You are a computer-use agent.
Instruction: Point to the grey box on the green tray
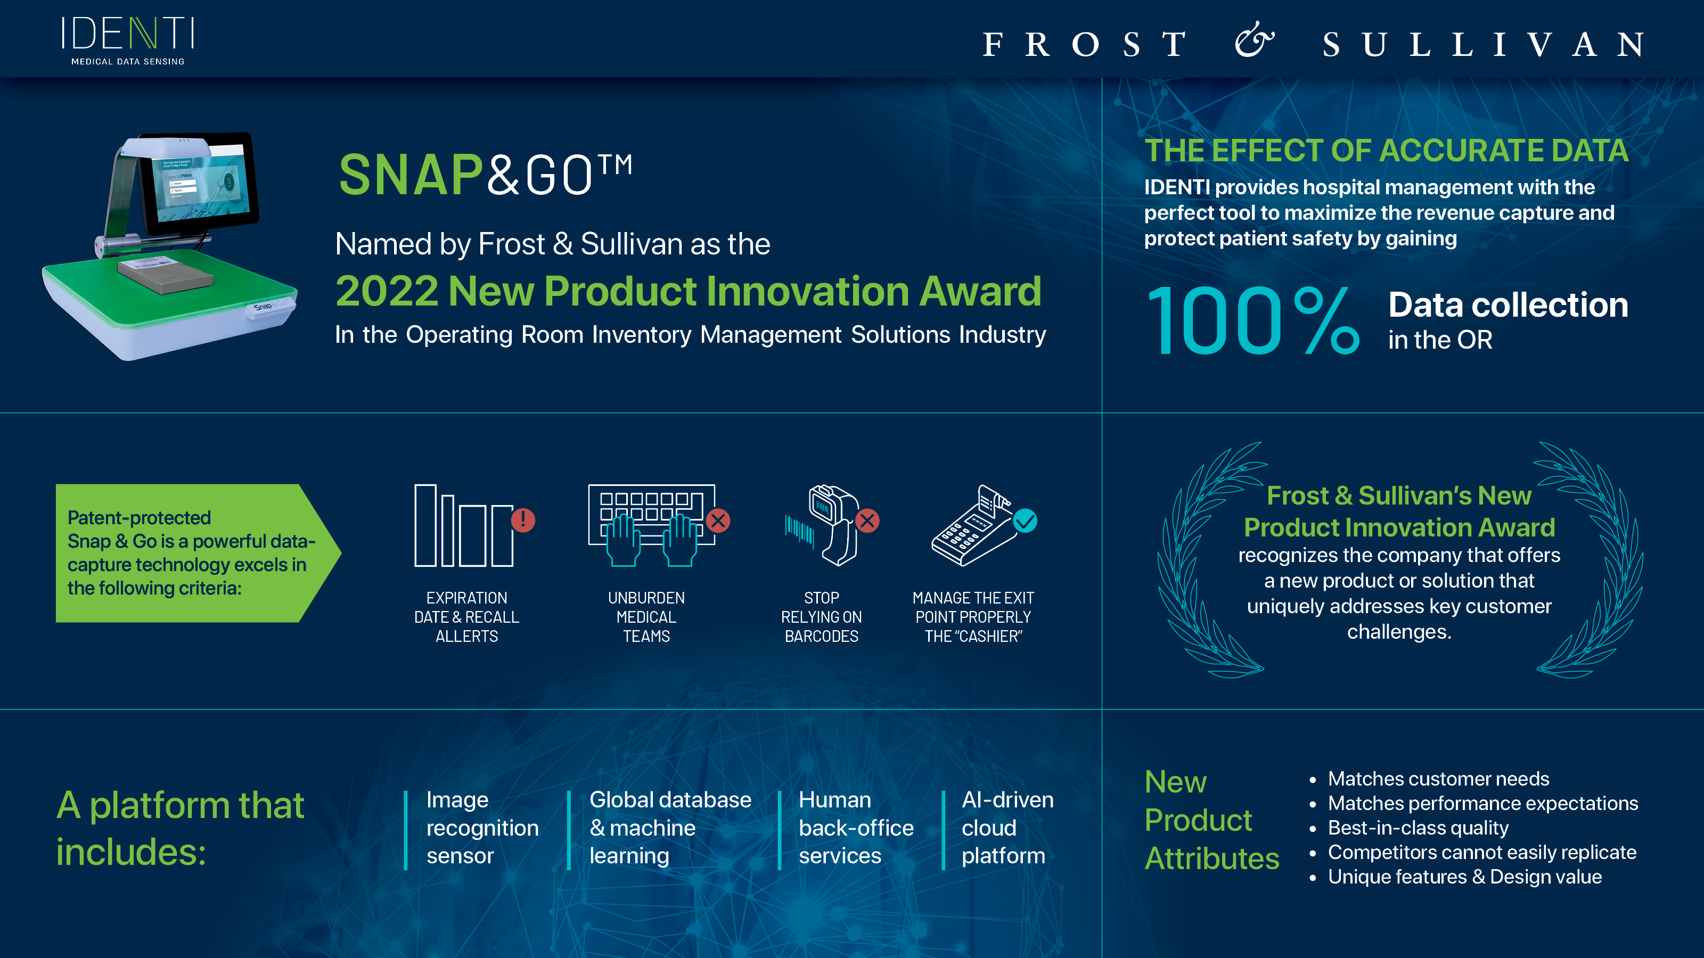coord(166,273)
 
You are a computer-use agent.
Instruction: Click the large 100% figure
coord(1253,321)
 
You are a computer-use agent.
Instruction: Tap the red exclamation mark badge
coord(522,519)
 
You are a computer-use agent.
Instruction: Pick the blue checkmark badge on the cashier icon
coord(1025,521)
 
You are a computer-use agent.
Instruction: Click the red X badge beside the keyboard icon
coord(718,521)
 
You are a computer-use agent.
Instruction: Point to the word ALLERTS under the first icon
coord(466,636)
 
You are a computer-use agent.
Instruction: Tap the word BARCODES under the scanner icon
coord(822,636)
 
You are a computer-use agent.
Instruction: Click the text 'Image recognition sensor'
coord(482,828)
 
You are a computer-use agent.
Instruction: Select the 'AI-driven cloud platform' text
coord(1007,828)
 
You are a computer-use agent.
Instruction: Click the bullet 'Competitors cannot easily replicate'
coord(1482,852)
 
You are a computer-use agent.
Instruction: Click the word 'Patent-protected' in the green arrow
coord(139,518)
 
